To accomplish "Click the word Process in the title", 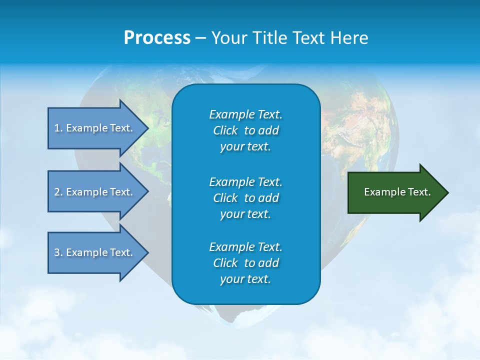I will point(157,38).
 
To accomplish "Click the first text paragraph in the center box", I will point(245,130).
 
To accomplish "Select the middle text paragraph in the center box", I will point(245,198).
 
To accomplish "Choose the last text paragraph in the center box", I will point(245,263).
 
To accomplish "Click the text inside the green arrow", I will point(397,192).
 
